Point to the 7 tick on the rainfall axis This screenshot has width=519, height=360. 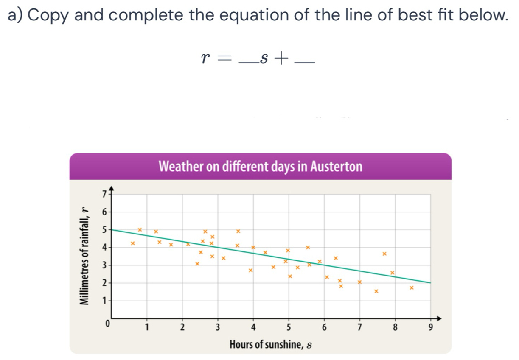coord(104,194)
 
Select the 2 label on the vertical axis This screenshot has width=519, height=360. coord(103,283)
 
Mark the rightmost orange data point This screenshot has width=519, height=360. coord(411,288)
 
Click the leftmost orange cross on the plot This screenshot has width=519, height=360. coord(133,243)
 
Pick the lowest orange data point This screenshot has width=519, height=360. coord(376,291)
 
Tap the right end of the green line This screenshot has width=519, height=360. coord(430,282)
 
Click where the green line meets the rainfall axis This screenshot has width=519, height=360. coord(112,229)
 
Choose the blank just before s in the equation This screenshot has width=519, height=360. coord(248,63)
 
